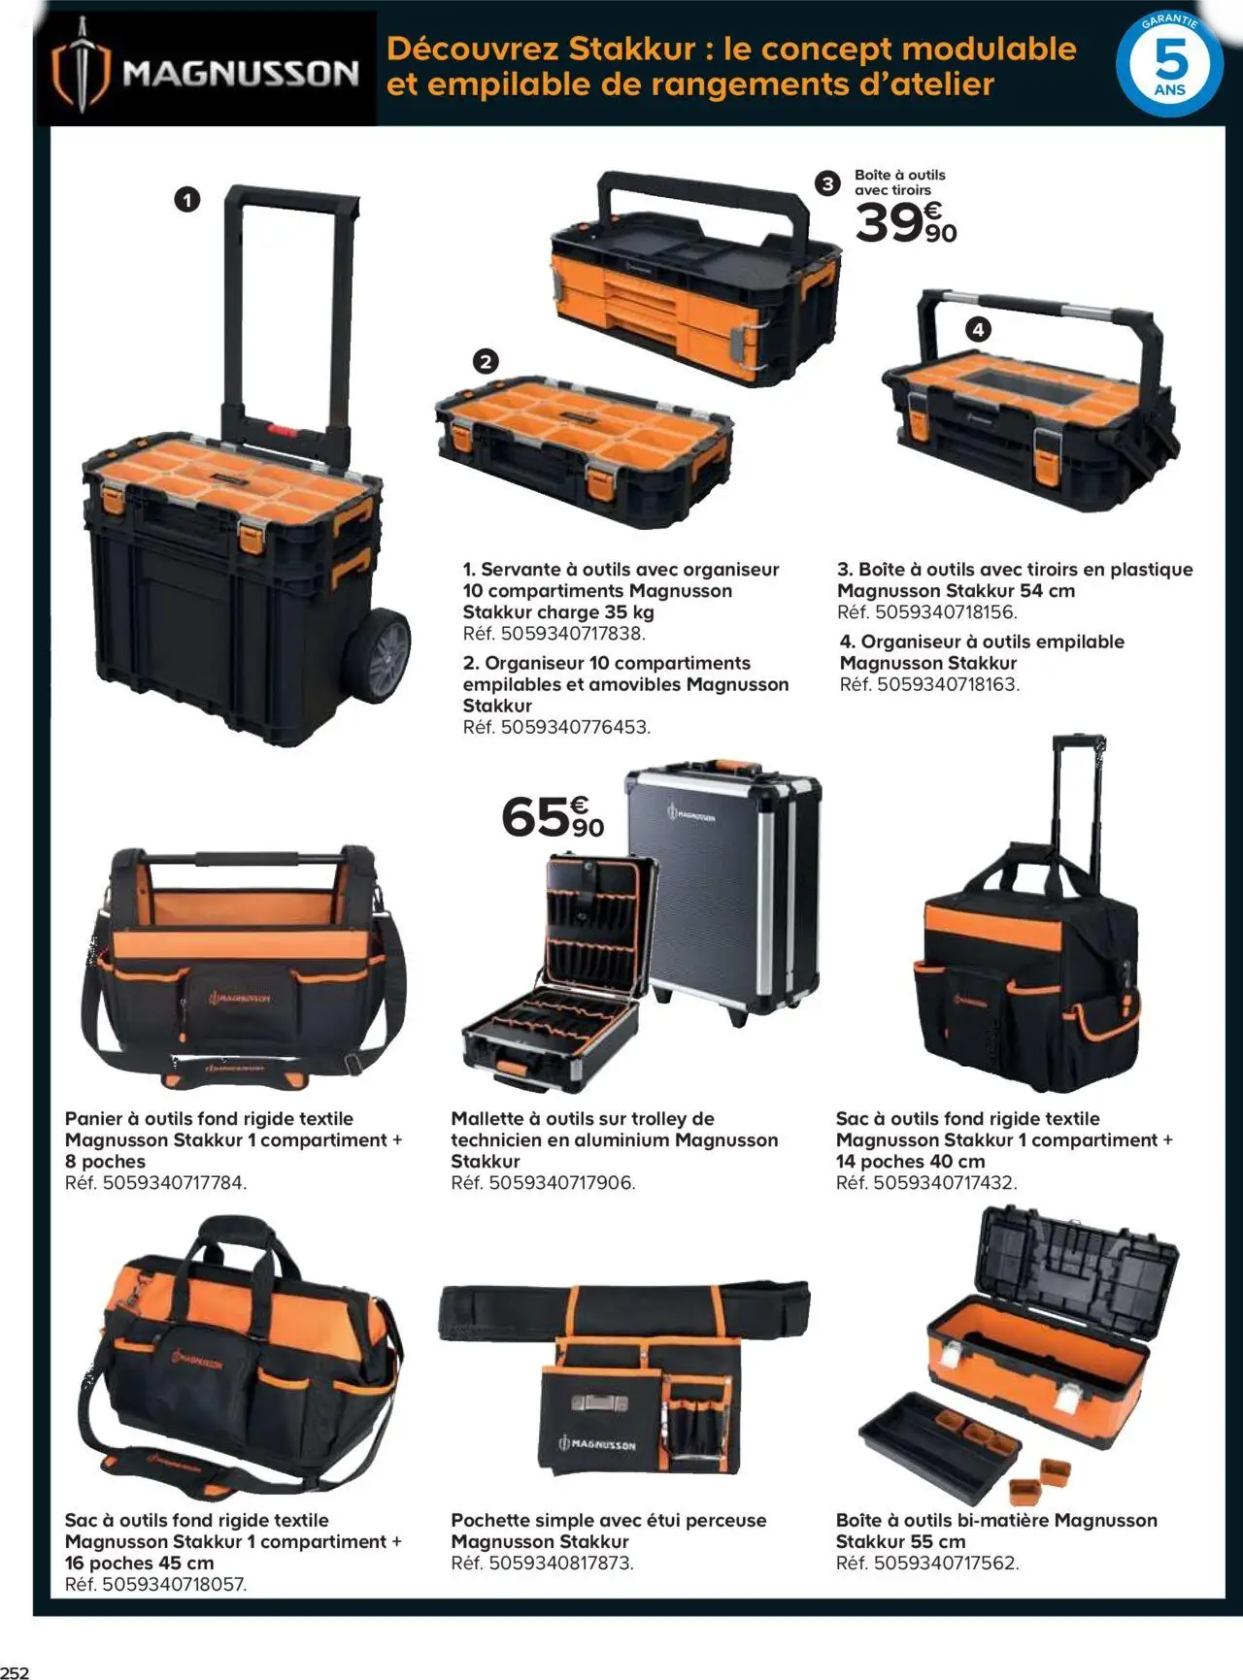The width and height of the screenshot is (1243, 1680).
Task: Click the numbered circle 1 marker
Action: click(x=186, y=201)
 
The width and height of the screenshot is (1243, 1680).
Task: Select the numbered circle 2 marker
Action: click(x=485, y=362)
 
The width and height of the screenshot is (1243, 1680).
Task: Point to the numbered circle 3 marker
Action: click(x=827, y=183)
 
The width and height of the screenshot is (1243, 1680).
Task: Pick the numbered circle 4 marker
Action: click(x=978, y=330)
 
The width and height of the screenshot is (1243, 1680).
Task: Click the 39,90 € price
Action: click(x=906, y=223)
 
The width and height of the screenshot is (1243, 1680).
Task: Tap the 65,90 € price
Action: click(x=553, y=817)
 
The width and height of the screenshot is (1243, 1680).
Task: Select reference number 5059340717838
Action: click(x=554, y=634)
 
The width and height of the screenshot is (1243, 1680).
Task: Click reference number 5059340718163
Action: click(x=929, y=684)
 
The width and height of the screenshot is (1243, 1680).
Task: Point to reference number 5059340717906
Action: click(x=543, y=1183)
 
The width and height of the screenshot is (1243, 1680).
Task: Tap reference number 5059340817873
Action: click(x=542, y=1564)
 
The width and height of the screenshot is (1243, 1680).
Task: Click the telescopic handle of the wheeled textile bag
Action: click(x=1078, y=806)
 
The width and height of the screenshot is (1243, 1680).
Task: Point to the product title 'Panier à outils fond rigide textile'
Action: click(x=209, y=1119)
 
